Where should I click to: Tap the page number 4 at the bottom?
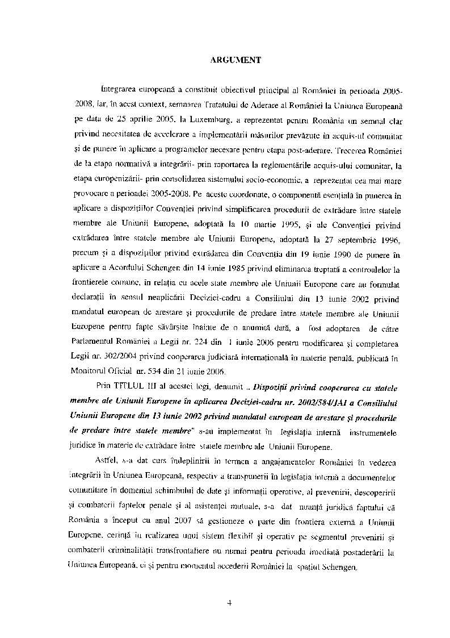pyautogui.click(x=229, y=603)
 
